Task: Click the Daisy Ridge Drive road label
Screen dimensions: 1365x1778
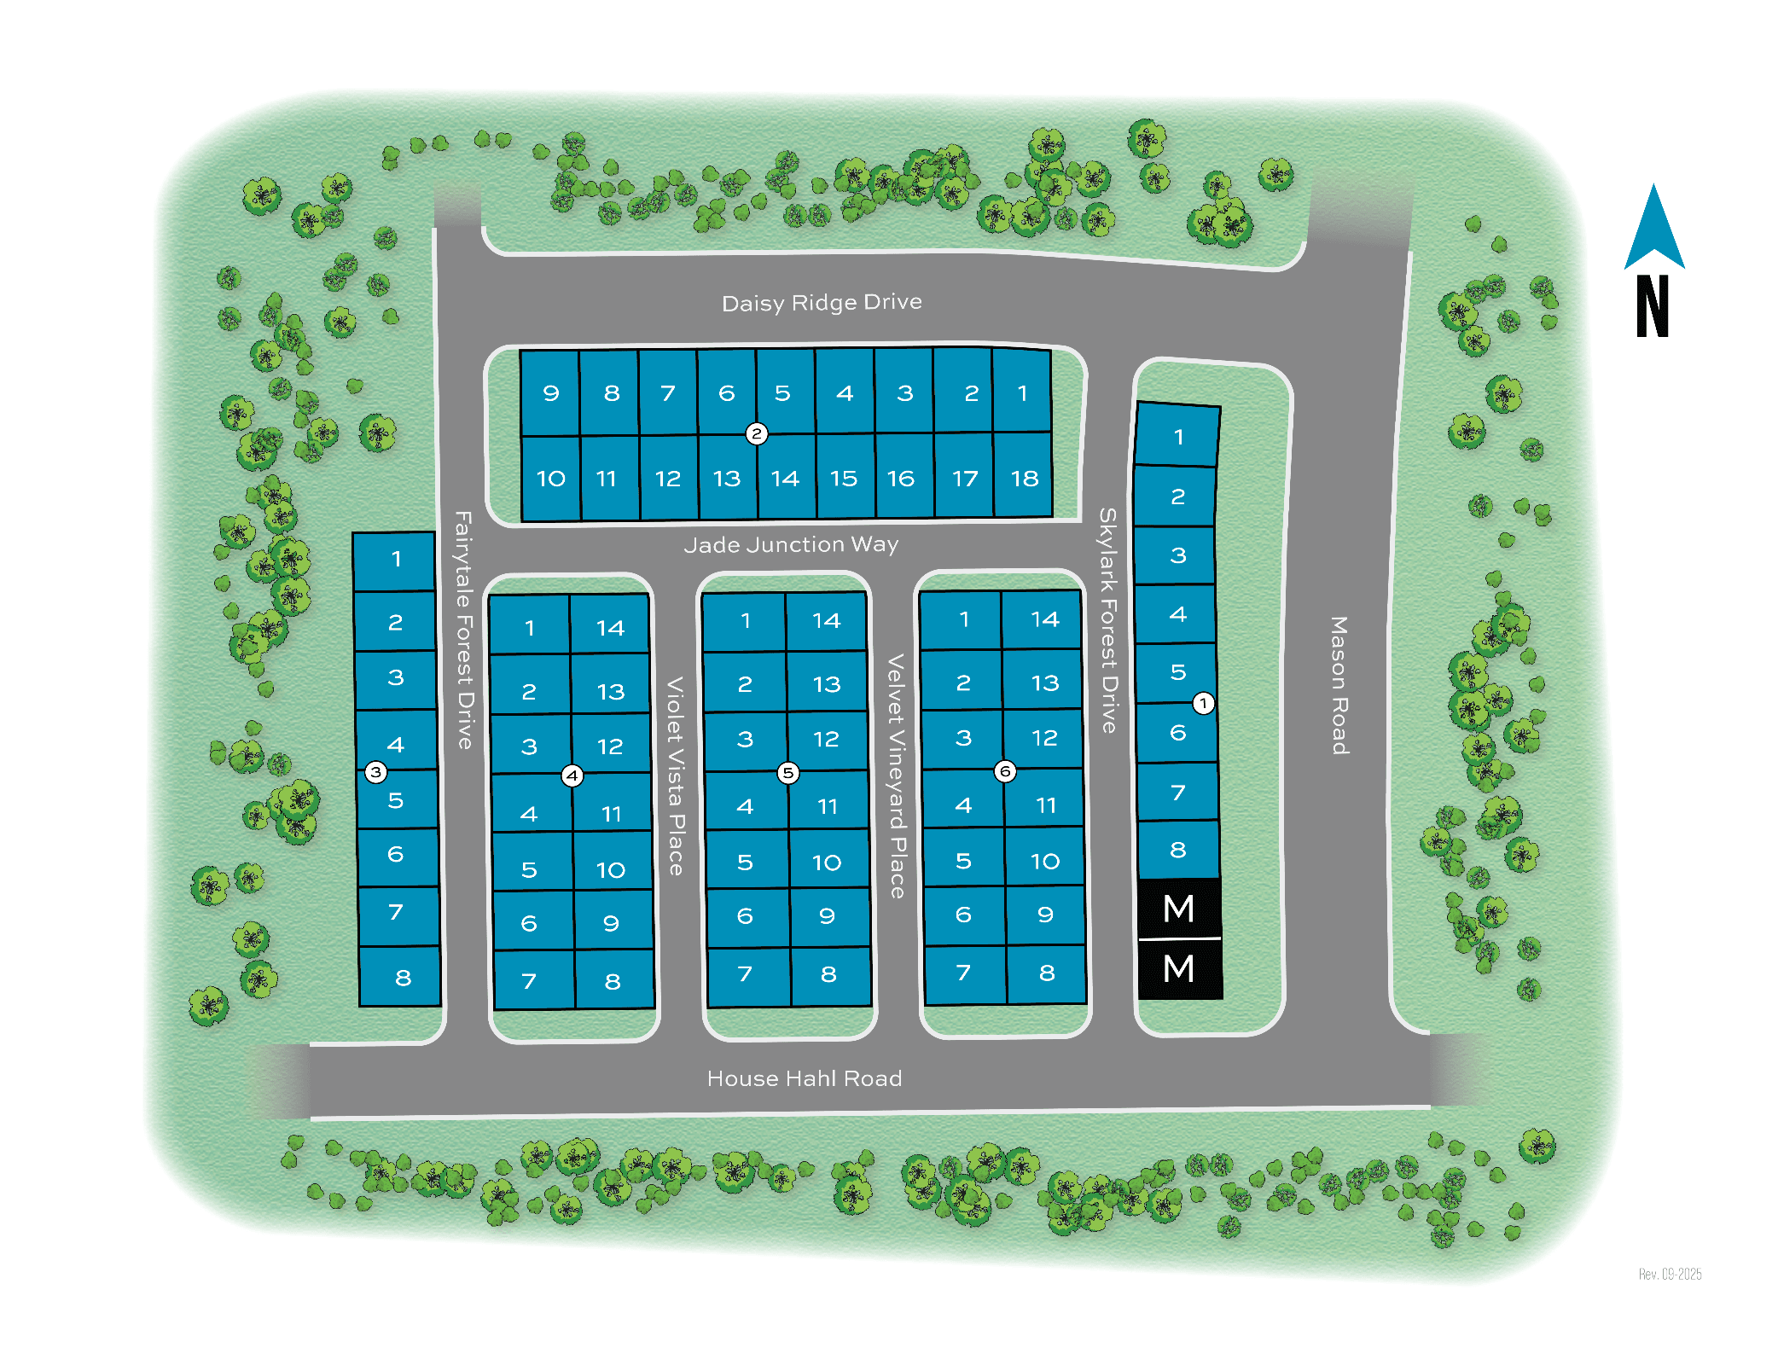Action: pos(822,303)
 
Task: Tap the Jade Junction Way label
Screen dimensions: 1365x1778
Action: pos(791,544)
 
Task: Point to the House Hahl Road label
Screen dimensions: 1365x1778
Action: pos(805,1078)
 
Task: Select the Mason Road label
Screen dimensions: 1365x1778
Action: pos(1339,685)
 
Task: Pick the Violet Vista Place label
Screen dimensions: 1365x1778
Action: pos(675,775)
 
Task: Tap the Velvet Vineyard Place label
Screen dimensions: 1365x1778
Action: pos(896,775)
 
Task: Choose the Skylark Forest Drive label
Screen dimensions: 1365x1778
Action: pos(1107,620)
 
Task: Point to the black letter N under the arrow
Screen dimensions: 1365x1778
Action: pos(1653,306)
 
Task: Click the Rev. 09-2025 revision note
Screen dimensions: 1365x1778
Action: pos(1670,1274)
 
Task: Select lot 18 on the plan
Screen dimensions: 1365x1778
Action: pos(1024,478)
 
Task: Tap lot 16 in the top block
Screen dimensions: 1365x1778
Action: pos(901,478)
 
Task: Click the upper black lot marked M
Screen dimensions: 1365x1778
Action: pos(1179,909)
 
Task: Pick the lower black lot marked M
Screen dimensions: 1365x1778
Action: pos(1179,969)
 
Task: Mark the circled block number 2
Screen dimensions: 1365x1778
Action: pos(756,433)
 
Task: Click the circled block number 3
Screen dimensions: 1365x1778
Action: pos(375,772)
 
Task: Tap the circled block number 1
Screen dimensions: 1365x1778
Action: pos(1203,703)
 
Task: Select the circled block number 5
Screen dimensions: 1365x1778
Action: pos(787,773)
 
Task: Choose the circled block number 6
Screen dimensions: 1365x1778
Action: pos(1005,771)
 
